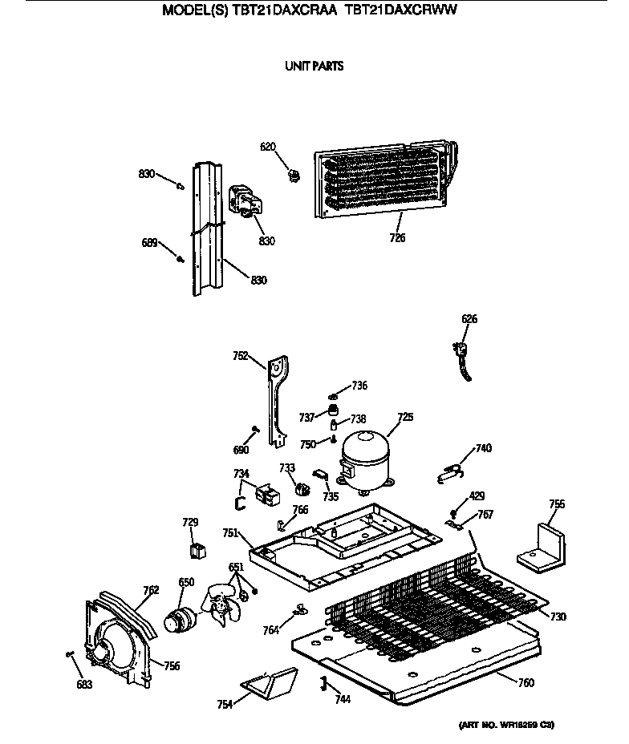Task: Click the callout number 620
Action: coord(267,146)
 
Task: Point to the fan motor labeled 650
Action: coord(181,621)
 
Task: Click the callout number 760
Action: coord(526,683)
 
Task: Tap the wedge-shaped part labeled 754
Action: coord(271,686)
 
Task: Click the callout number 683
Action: coord(84,684)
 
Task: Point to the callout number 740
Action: coord(483,448)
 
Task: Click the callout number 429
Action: coord(477,497)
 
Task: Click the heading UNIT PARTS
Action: coord(314,67)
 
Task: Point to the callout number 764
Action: coord(270,630)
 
